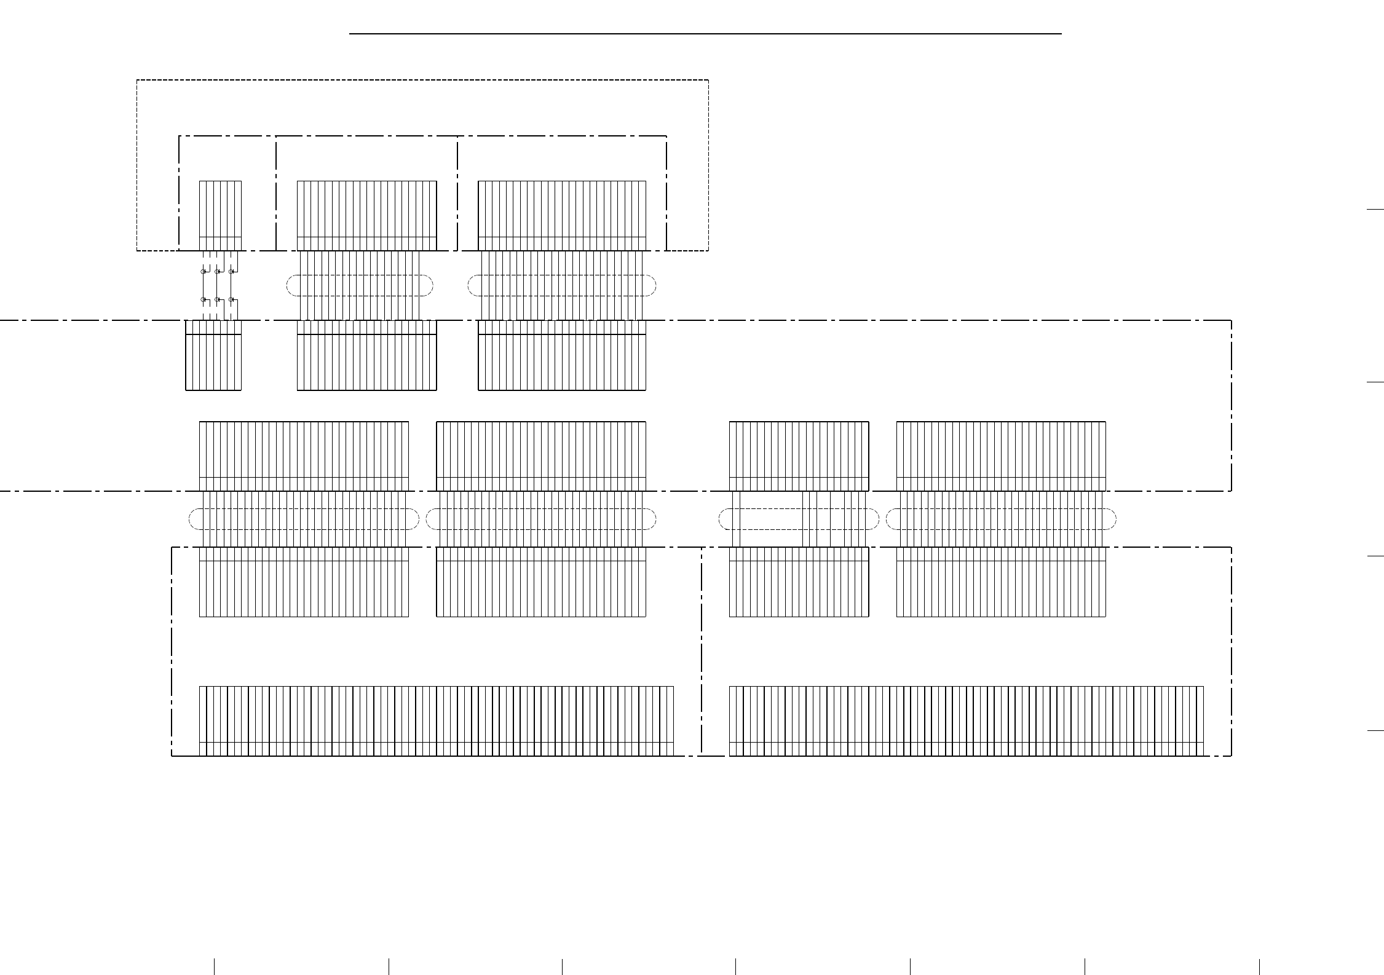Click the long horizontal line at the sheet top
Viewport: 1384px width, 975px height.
[705, 33]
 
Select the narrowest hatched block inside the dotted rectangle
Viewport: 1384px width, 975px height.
[220, 215]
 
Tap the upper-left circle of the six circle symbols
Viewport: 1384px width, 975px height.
[203, 271]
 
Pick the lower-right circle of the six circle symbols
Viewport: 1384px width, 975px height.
[231, 299]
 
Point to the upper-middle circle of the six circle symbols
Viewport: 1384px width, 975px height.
[216, 271]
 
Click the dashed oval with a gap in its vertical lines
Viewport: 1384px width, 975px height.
[799, 519]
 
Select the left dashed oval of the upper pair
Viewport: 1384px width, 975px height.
[360, 285]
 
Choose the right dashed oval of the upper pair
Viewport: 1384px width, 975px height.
[562, 285]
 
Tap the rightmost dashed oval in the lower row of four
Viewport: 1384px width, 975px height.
[1001, 519]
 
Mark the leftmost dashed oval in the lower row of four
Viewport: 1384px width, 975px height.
[304, 519]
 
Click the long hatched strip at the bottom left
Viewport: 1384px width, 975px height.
[437, 720]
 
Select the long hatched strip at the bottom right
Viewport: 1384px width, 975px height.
[966, 720]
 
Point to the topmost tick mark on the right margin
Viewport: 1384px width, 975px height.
[1375, 210]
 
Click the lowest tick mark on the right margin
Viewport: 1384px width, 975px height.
[1375, 730]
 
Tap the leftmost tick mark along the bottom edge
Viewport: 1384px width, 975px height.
[214, 966]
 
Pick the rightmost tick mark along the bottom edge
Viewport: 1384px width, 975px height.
[1259, 966]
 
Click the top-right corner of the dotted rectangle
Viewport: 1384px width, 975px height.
[708, 80]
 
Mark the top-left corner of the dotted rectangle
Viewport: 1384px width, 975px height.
[137, 80]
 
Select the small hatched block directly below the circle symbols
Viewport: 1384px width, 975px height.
[213, 355]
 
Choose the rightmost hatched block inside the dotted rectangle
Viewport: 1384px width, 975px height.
[562, 215]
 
